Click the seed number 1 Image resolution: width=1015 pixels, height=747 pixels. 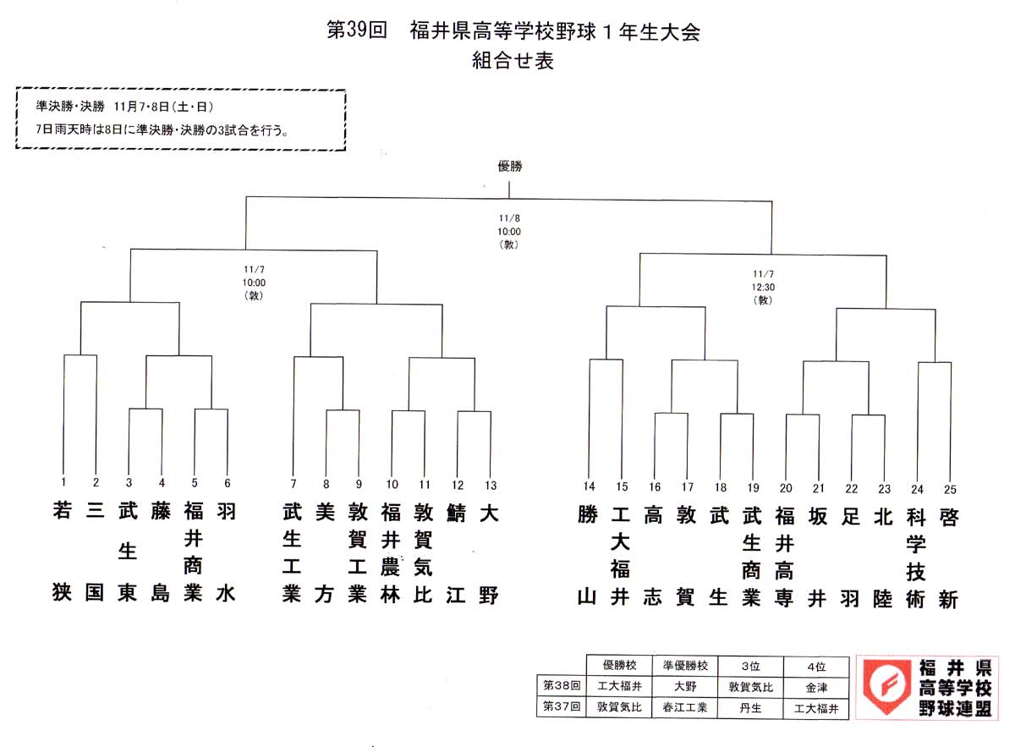(63, 482)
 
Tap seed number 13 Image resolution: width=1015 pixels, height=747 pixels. (491, 486)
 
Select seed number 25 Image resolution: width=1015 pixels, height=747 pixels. (950, 490)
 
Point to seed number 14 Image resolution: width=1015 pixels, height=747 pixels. (589, 486)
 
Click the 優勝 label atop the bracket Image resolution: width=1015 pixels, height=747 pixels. (510, 167)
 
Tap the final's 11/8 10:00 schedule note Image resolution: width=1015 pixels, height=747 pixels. (509, 231)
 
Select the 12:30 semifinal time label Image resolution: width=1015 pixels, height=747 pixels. (764, 288)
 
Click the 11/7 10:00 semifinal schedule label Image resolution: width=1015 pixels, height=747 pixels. (254, 283)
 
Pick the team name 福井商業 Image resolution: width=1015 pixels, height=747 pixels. (193, 552)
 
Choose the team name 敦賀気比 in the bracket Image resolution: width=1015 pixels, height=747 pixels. (423, 553)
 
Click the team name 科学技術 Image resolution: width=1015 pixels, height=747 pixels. (916, 558)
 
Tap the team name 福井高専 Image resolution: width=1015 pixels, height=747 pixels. (784, 557)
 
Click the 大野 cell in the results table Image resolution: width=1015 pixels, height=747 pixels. (684, 686)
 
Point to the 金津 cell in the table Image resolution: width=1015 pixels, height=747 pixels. (816, 688)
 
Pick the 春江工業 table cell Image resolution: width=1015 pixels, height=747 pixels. (684, 707)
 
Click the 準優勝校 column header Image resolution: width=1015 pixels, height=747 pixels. (685, 666)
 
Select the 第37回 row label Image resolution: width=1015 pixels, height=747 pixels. (562, 706)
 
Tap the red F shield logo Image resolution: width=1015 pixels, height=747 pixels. (886, 686)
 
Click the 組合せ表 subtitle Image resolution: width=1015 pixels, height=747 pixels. (513, 60)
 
